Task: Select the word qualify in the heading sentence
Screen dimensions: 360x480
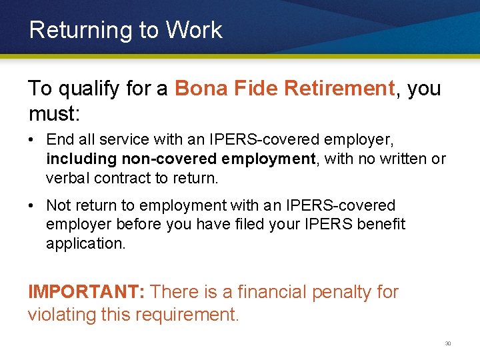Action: (x=89, y=89)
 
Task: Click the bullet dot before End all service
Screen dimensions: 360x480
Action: (x=32, y=141)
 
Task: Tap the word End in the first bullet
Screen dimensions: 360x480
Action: (x=57, y=140)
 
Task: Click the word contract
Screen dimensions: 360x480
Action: (x=114, y=178)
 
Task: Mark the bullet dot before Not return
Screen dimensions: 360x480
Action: (x=32, y=205)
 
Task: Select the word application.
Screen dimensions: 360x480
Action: (x=86, y=243)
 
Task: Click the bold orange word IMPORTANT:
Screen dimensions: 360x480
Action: (x=87, y=292)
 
